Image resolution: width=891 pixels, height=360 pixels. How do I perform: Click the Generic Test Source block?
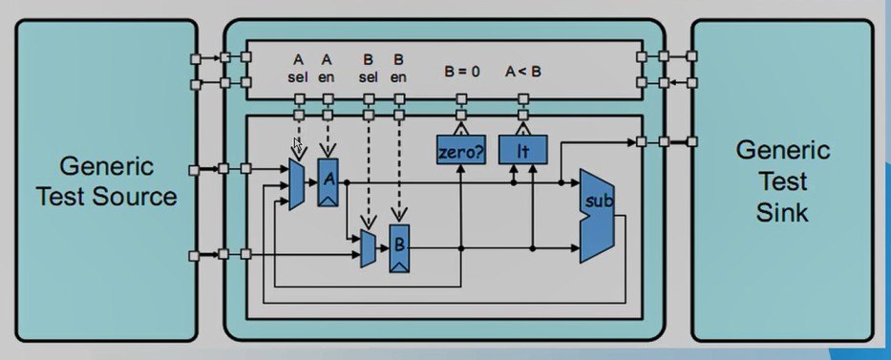(x=105, y=181)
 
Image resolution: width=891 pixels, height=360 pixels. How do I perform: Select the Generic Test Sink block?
(x=783, y=181)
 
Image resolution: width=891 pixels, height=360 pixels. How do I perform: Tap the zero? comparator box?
(x=460, y=151)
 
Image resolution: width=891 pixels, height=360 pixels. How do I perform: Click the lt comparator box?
(x=521, y=151)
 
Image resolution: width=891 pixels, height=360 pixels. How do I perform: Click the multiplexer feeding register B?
(x=368, y=248)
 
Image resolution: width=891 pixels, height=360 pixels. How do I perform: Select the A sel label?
(x=298, y=68)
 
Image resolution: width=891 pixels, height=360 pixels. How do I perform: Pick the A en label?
(x=327, y=68)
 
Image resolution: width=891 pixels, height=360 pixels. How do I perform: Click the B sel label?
(x=368, y=68)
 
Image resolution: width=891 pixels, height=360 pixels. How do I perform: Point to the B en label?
(x=398, y=68)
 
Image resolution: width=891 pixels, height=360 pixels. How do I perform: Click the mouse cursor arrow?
(x=297, y=145)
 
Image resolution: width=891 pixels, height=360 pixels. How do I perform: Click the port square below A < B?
(x=521, y=99)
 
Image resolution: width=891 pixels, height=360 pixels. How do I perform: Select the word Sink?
(x=783, y=212)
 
